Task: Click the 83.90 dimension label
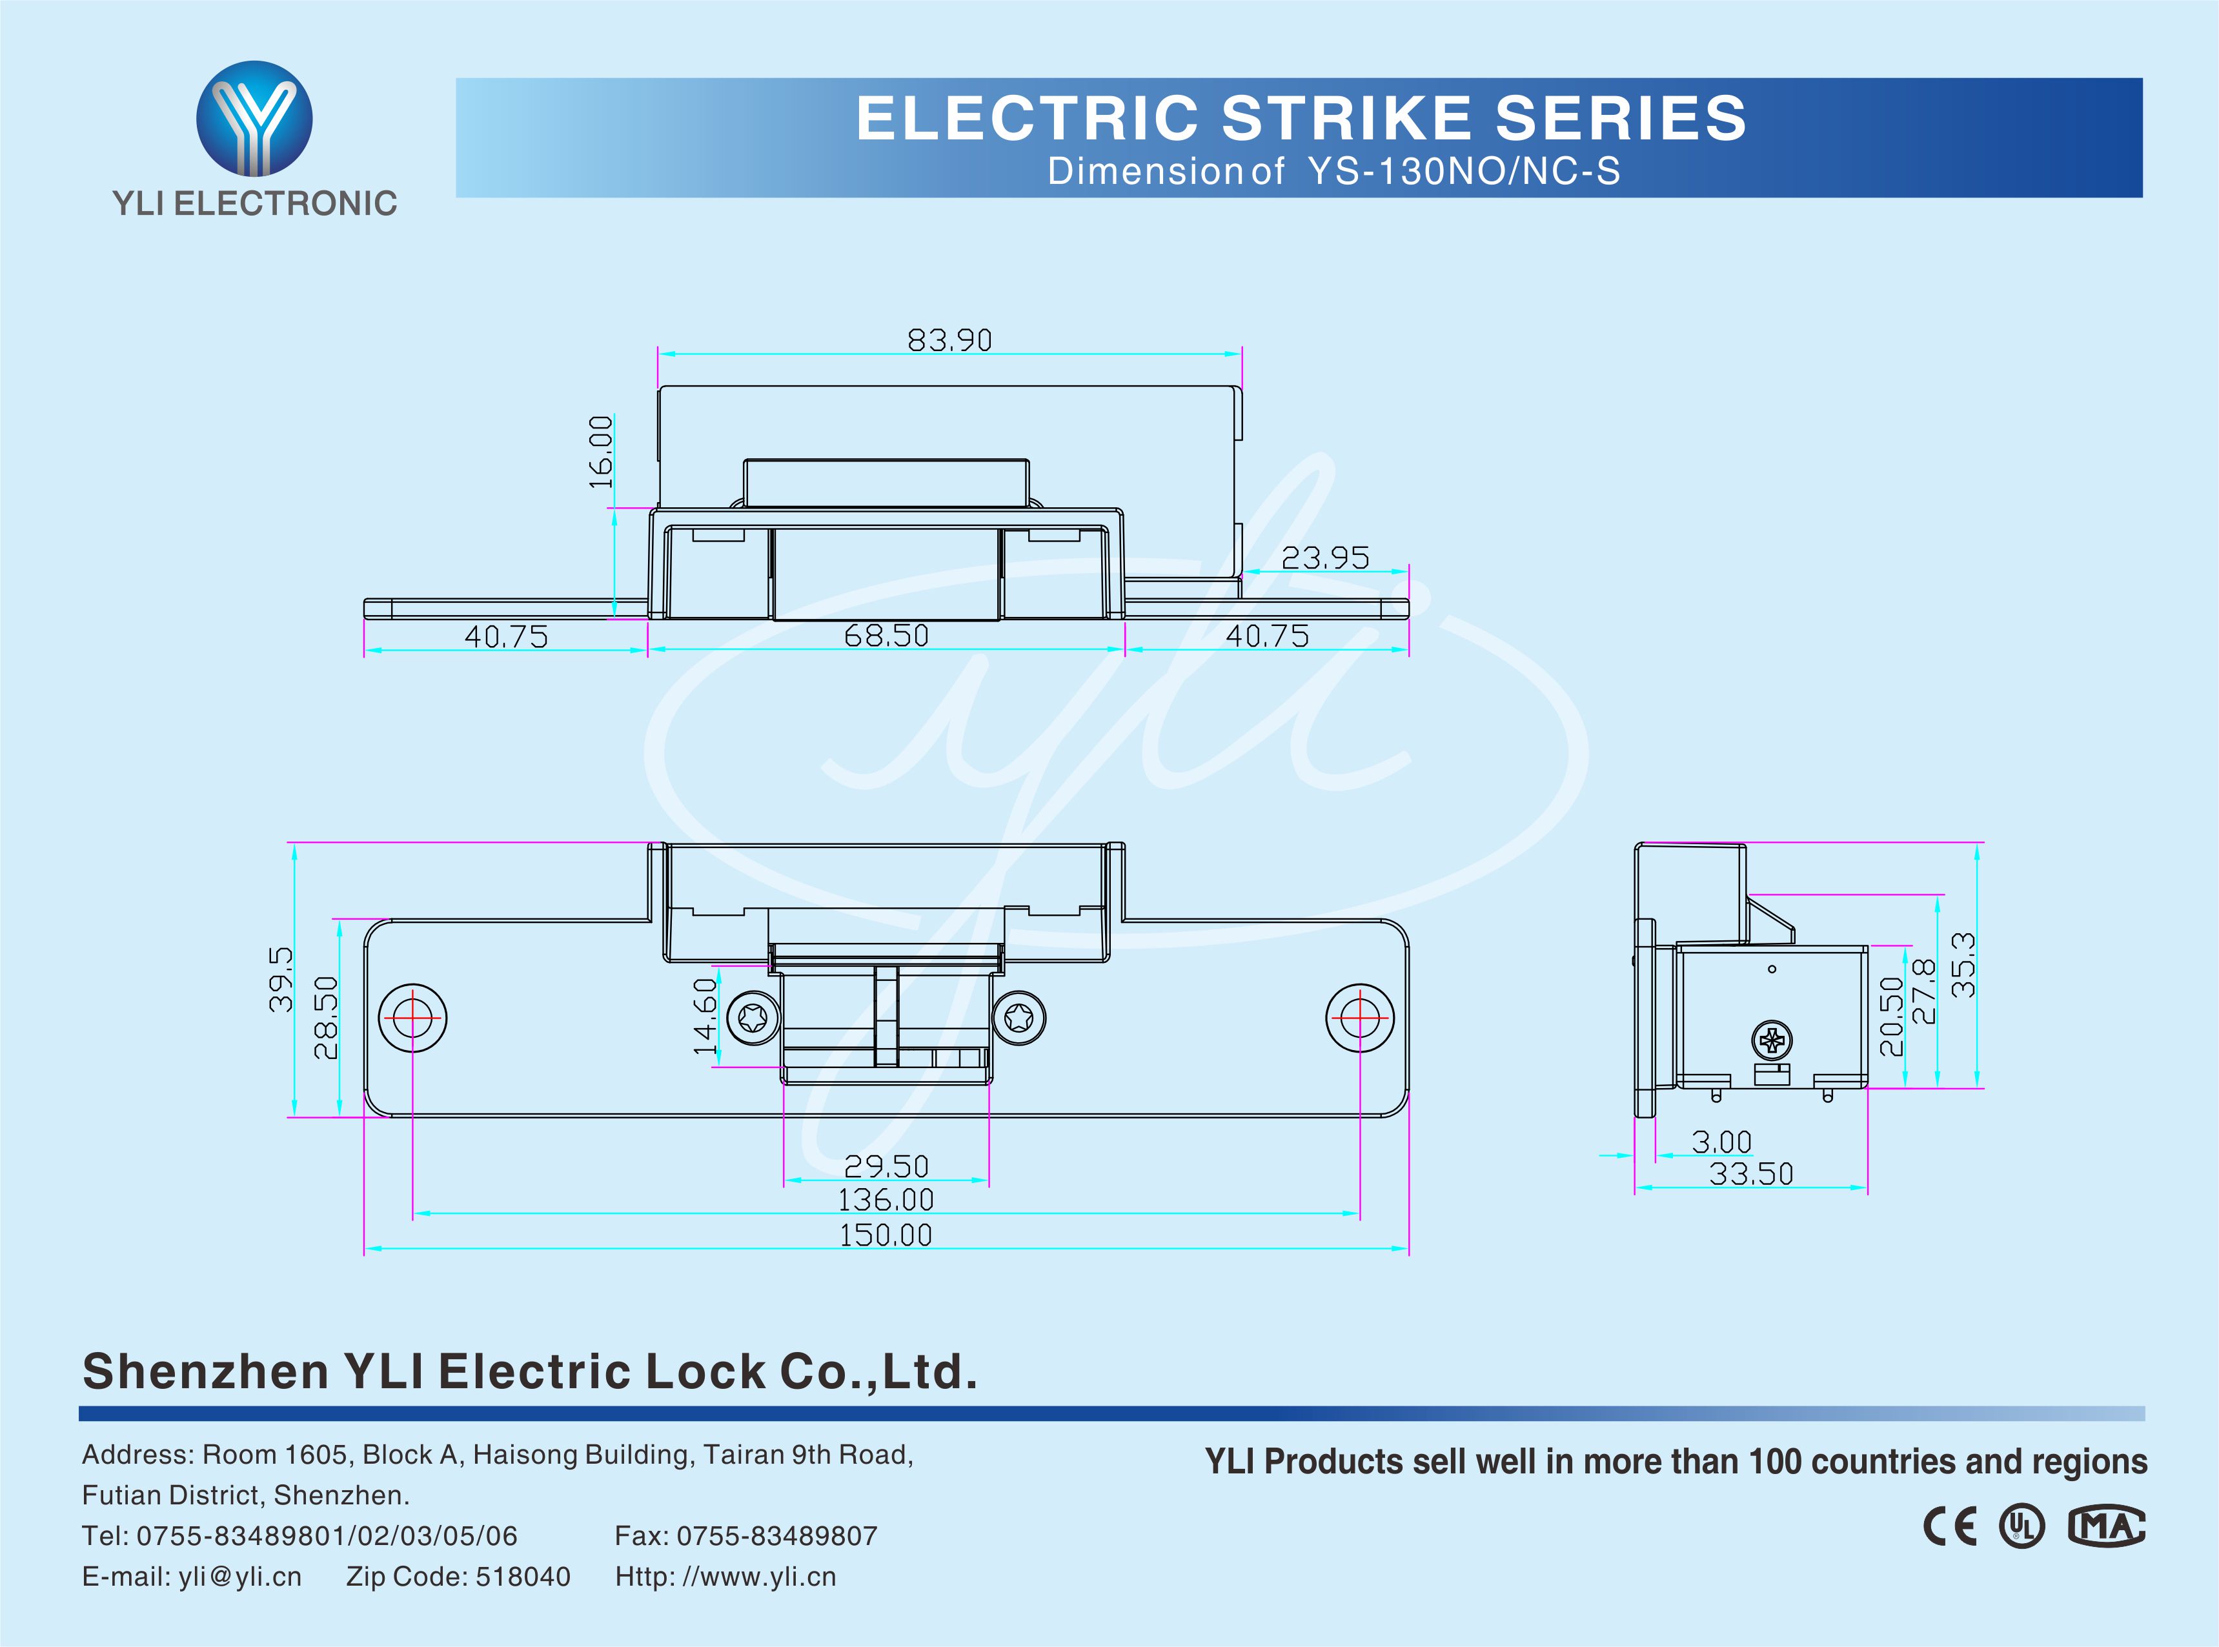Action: point(949,341)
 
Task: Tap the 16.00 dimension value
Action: point(601,452)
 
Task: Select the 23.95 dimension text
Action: point(1325,558)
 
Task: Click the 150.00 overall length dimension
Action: point(885,1235)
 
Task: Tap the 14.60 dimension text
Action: point(705,1015)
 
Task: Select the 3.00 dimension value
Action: point(1721,1142)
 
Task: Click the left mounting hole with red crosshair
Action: point(412,1018)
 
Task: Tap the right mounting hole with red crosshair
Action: point(1360,1018)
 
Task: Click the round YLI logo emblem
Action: point(254,117)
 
